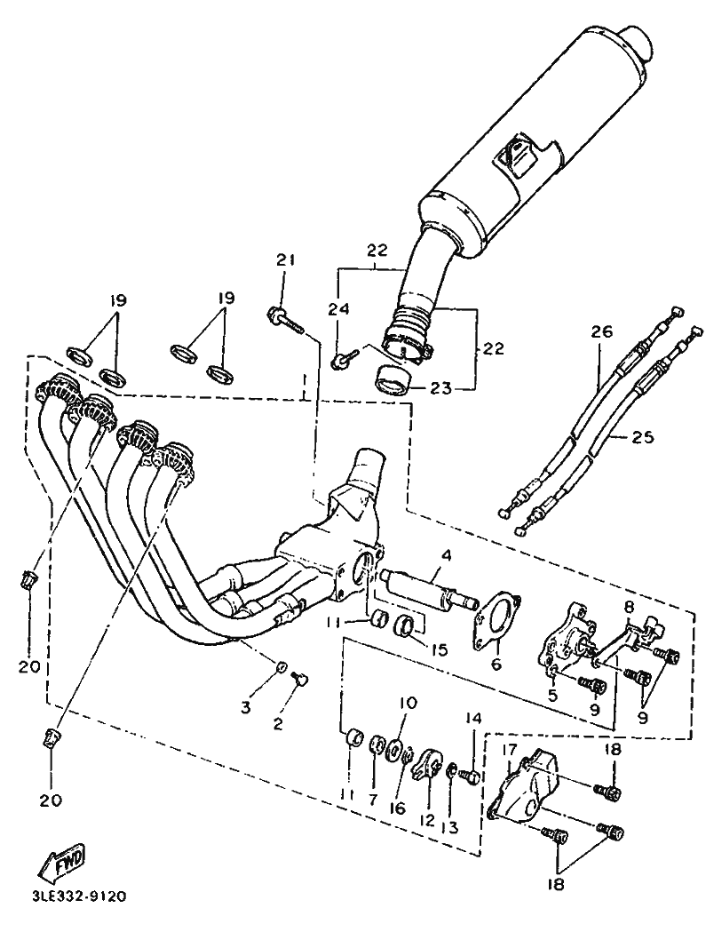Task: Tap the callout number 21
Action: (285, 259)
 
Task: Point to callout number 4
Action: (447, 555)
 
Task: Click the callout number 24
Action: (337, 308)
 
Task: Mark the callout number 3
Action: (246, 707)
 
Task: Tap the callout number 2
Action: (278, 724)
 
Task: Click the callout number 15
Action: (439, 649)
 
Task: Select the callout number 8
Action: (628, 606)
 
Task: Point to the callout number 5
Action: (552, 695)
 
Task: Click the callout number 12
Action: (427, 818)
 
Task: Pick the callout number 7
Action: (373, 801)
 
